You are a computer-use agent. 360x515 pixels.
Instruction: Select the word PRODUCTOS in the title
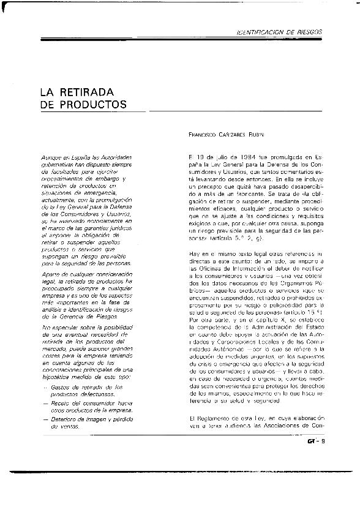tap(91, 105)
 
